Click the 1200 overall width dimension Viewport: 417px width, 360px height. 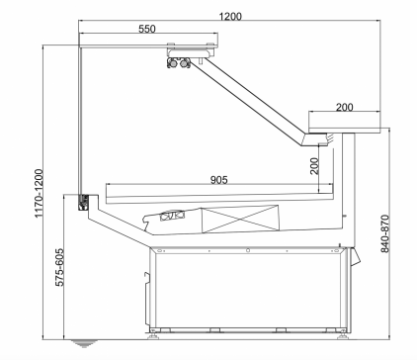tap(230, 16)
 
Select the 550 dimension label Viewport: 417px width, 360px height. tap(147, 29)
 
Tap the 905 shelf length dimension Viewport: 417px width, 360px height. tap(218, 180)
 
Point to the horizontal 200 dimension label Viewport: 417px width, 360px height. tap(345, 107)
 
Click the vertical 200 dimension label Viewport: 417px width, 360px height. tap(314, 166)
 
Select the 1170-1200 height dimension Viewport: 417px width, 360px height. tap(39, 193)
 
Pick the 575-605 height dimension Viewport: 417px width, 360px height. tap(59, 267)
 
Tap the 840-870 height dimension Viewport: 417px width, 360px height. tap(384, 233)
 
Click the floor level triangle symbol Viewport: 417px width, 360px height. tap(84, 343)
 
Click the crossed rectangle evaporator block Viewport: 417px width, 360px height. tap(240, 219)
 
